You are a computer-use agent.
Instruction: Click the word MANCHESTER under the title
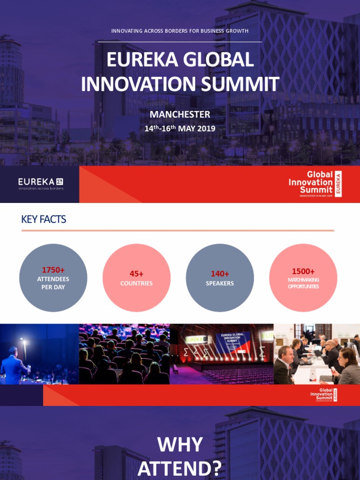(180, 114)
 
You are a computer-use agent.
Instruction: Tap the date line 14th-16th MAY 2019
(180, 128)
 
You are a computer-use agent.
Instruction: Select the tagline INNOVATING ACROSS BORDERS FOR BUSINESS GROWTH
(180, 31)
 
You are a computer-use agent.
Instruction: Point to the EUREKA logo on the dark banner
(40, 183)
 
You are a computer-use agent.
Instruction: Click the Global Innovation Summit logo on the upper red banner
(315, 184)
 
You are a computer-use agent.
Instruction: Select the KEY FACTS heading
(44, 219)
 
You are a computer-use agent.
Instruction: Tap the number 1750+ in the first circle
(53, 270)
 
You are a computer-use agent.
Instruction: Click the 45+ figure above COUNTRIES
(136, 274)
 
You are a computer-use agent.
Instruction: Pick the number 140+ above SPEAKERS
(220, 274)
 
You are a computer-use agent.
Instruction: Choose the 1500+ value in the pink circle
(303, 271)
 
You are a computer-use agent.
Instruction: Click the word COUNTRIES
(136, 284)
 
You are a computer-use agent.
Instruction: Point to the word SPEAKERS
(220, 284)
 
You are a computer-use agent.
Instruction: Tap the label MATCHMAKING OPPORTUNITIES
(303, 283)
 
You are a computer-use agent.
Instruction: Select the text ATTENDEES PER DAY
(53, 283)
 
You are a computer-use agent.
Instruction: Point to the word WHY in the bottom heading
(180, 444)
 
